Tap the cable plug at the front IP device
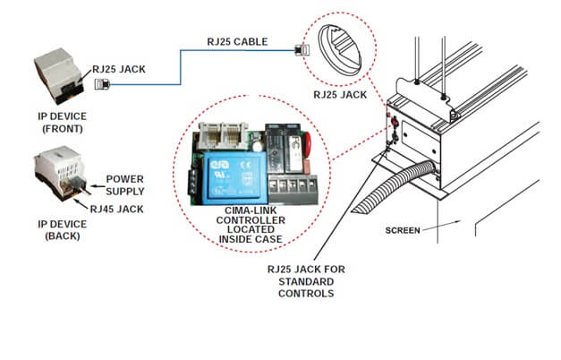click(99, 85)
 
